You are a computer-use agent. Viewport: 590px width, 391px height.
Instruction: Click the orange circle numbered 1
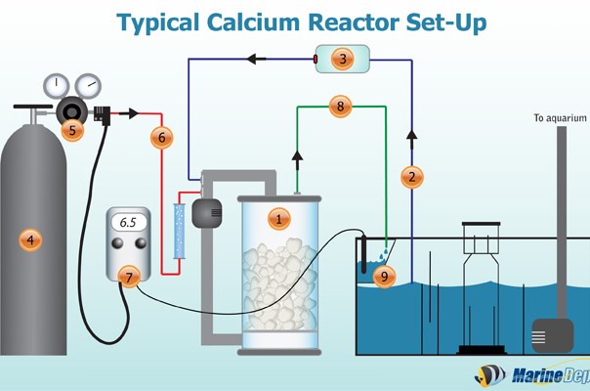279,219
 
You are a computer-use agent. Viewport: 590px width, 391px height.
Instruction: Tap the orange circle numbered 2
412,177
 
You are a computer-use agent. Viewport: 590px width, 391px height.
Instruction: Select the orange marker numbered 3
342,60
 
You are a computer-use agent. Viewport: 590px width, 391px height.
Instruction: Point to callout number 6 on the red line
162,138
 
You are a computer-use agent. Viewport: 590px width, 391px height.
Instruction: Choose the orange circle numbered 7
127,277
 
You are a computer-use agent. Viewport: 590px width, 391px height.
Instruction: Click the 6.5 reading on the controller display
128,223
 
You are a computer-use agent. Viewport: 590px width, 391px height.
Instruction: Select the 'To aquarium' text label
558,118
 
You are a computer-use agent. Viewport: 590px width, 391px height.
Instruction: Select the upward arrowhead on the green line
295,153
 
